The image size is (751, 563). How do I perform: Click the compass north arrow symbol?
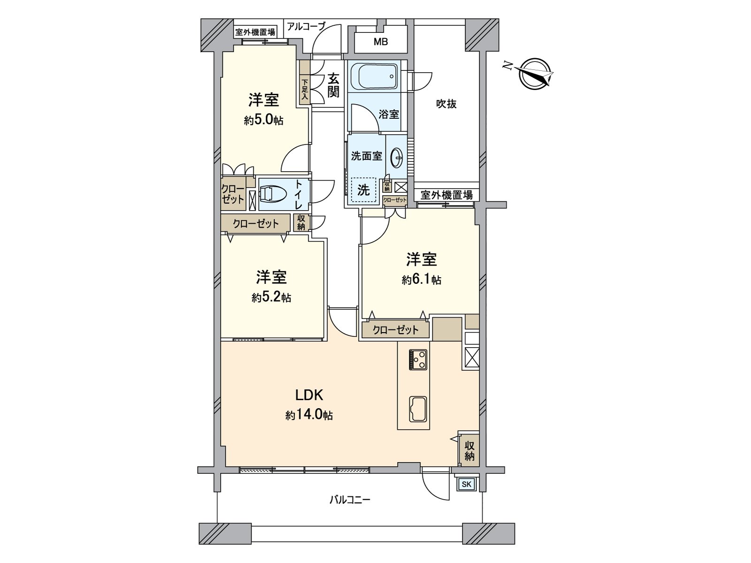[536, 74]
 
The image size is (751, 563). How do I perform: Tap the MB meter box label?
[381, 42]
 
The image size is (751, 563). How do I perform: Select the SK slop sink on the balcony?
[467, 485]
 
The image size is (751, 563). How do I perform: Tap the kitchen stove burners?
[418, 359]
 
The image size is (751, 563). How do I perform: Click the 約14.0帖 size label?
[309, 415]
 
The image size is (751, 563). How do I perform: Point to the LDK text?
[309, 395]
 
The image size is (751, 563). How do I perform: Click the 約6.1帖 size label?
[421, 280]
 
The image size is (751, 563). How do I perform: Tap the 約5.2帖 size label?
[271, 297]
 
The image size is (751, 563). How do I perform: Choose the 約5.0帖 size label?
[263, 120]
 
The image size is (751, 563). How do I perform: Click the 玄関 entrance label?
[333, 85]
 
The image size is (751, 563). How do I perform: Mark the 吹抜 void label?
[446, 104]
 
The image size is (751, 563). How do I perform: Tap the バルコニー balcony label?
[349, 500]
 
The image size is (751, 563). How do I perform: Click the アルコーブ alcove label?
[306, 26]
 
